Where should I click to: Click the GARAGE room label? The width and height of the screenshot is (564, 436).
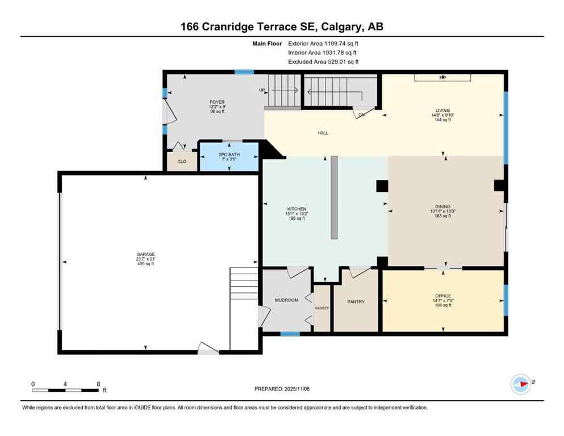coord(145,254)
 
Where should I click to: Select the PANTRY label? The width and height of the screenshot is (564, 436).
coord(356,301)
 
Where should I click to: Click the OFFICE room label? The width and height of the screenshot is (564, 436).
coord(442,296)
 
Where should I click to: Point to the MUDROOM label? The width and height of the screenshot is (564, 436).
coord(286,300)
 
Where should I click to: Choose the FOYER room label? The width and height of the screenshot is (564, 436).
coord(217,102)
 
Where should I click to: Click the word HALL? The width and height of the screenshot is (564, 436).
coord(323,133)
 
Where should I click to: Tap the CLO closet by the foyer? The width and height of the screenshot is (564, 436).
coord(182,161)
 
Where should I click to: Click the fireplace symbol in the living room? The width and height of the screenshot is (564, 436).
coord(441,77)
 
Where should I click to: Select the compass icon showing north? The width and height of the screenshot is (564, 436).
coord(521,384)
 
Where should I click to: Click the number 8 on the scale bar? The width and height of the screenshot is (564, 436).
coord(98,384)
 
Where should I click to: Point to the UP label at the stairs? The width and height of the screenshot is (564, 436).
coord(262,90)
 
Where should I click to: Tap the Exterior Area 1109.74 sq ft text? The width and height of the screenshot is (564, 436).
coord(323,43)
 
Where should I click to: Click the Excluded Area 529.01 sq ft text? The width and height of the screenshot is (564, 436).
coord(323,61)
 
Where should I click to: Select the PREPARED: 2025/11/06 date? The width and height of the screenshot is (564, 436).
coord(282,389)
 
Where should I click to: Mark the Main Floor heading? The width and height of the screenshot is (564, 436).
coord(266,43)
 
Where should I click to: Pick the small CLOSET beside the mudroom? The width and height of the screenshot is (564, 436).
coord(322,308)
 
